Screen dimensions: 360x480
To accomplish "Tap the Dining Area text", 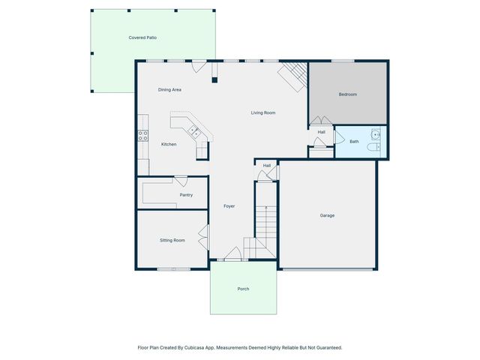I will pos(169,90).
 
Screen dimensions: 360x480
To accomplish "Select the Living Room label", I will pos(263,113).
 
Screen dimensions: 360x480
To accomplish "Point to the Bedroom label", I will pos(347,94).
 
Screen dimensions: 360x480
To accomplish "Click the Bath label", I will pos(354,142).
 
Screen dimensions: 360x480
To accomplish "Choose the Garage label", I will pos(327,216).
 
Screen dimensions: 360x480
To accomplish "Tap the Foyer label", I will pos(230,206).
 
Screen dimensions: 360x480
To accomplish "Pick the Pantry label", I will pos(186,195).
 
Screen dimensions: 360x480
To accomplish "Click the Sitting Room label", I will pos(172,241).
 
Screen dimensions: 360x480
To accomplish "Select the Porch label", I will pos(243,289).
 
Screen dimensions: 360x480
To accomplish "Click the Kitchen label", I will pos(169,144).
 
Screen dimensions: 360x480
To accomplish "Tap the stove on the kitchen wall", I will pos(141,136).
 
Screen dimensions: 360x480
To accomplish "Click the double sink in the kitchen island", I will pos(193,132).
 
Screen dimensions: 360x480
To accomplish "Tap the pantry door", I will pos(181,180).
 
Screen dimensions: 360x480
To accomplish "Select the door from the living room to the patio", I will pos(199,67).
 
